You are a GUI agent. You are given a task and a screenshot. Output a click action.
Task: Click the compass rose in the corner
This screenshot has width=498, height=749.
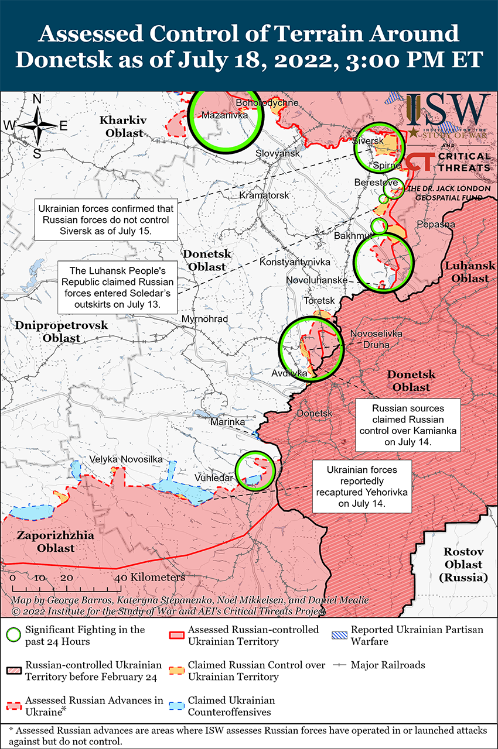[36, 126]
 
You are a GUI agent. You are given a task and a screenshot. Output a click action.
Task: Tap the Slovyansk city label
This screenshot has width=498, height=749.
[277, 153]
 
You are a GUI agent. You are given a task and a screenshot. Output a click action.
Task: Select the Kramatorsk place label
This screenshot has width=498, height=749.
[264, 195]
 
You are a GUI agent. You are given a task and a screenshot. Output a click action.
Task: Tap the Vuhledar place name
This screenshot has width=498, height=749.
[214, 478]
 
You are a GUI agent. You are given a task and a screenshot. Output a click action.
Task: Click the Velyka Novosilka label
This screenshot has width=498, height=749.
[126, 459]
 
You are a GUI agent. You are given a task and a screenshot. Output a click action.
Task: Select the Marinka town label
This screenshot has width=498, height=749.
[227, 421]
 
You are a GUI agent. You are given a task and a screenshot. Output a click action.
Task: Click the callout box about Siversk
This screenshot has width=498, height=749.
[105, 219]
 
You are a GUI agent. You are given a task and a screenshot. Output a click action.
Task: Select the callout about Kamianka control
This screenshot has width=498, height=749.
[408, 425]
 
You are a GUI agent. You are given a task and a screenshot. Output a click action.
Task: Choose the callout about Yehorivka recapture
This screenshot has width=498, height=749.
[361, 487]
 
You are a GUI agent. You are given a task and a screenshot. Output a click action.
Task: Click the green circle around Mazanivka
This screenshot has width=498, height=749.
[226, 121]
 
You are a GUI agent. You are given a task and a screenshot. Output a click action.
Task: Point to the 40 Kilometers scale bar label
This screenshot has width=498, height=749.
[150, 577]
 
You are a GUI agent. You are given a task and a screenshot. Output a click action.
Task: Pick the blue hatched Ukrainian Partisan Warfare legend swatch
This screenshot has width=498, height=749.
[339, 634]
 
